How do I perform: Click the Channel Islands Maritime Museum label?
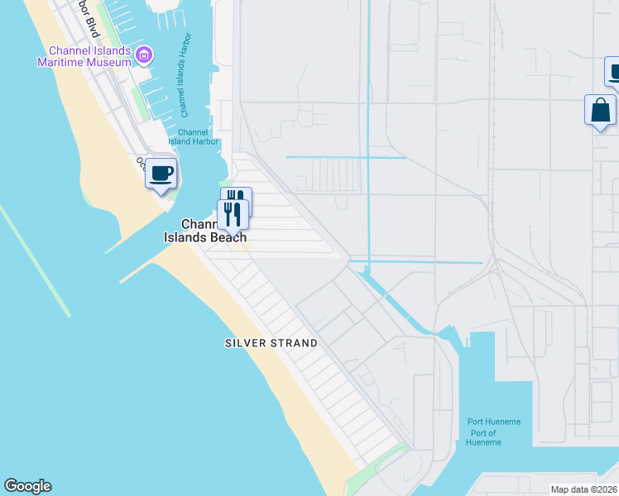pyautogui.click(x=83, y=56)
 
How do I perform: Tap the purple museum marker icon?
pyautogui.click(x=144, y=55)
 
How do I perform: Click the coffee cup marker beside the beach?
pyautogui.click(x=161, y=174)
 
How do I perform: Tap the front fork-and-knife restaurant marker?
pyautogui.click(x=233, y=214)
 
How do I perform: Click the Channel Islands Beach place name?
pyautogui.click(x=214, y=231)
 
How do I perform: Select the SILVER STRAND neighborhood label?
pyautogui.click(x=271, y=343)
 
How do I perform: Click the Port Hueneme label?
pyautogui.click(x=494, y=422)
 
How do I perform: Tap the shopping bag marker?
pyautogui.click(x=600, y=110)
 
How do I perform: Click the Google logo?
pyautogui.click(x=27, y=486)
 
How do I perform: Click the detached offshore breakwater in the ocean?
pyautogui.click(x=35, y=260)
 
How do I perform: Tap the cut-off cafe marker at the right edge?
pyautogui.click(x=613, y=72)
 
